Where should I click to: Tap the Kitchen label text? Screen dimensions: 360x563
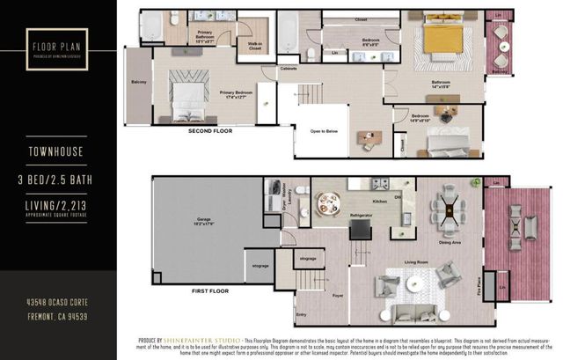tap(379, 202)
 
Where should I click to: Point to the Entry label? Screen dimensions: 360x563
tap(302, 314)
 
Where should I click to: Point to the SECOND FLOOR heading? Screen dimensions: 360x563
tap(210, 131)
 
